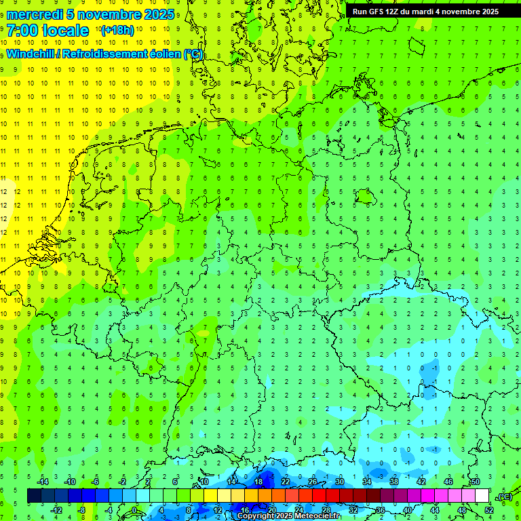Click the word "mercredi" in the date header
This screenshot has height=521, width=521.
pos(35,14)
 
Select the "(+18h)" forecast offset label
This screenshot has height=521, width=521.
pos(117,30)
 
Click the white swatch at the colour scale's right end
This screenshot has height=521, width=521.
pos(482,496)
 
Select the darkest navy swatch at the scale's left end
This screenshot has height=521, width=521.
pos(34,496)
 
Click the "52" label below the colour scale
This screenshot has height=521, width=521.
pos(489,510)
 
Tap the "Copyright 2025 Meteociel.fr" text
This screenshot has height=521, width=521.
pos(288,516)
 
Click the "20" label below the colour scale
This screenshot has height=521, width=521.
pos(271,510)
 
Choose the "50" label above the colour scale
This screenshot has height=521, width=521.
pos(475,482)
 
